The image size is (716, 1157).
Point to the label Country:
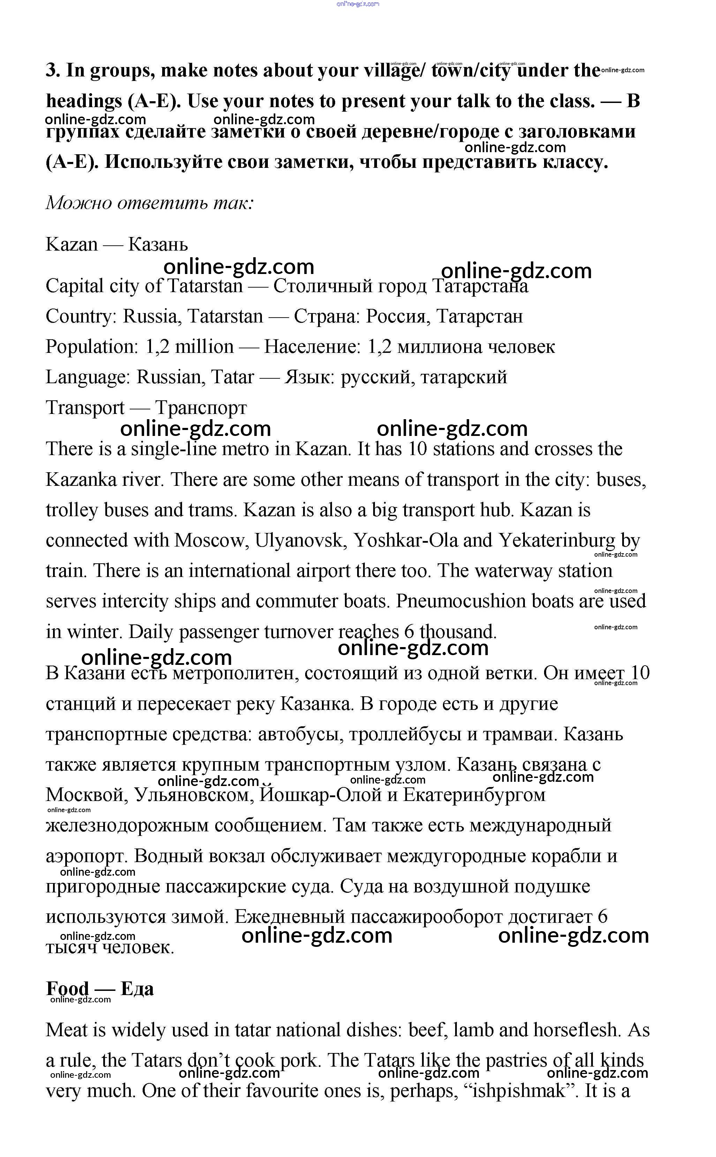[81, 316]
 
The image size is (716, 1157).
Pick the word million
[204, 347]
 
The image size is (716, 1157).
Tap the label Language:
[88, 377]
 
